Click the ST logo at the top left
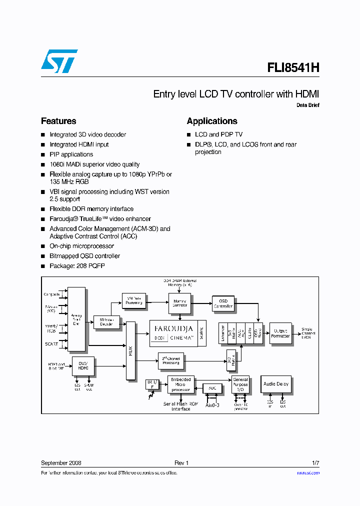coord(58,61)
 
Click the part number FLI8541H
coord(289,68)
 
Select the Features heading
coord(58,121)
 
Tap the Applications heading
coord(212,121)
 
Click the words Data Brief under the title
coord(307,105)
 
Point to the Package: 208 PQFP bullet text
coord(77,266)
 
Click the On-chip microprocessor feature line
coord(81,246)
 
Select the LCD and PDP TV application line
coord(218,134)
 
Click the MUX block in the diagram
coord(130,350)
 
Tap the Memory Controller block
coord(180,303)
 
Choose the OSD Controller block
coord(223,303)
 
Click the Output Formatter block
coord(280,333)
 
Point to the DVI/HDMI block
coord(83,365)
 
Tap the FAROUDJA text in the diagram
coord(173,329)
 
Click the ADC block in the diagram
coord(212,388)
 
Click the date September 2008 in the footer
coord(61,463)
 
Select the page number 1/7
coord(315,463)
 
